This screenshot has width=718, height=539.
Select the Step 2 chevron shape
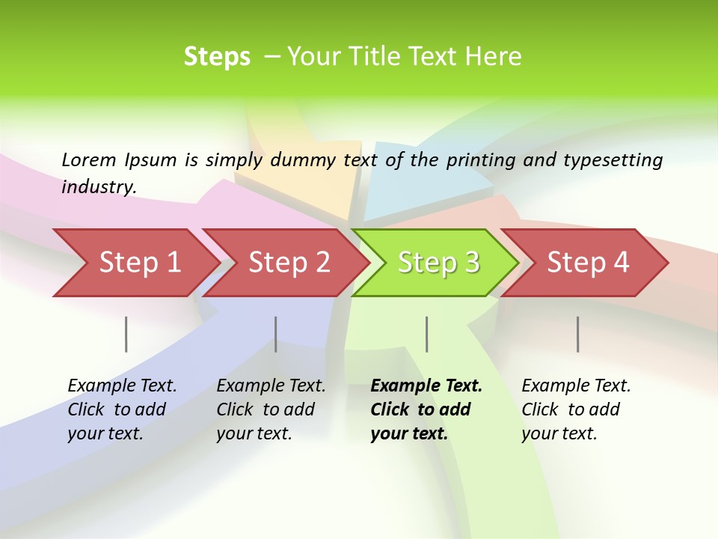289,262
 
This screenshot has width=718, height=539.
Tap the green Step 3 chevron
438,262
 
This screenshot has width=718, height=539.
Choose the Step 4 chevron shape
588,262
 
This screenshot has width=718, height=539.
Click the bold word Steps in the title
217,57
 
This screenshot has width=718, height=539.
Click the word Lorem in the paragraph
88,159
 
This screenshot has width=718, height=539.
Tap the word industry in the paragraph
99,186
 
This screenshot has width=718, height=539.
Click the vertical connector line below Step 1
126,334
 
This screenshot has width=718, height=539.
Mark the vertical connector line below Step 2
276,334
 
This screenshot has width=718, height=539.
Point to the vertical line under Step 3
426,334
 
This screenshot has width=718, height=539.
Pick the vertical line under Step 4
577,334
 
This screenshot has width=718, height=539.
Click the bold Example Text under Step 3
426,386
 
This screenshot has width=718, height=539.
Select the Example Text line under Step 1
122,386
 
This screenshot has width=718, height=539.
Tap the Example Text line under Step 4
576,386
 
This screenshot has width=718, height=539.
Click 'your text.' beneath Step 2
254,433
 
